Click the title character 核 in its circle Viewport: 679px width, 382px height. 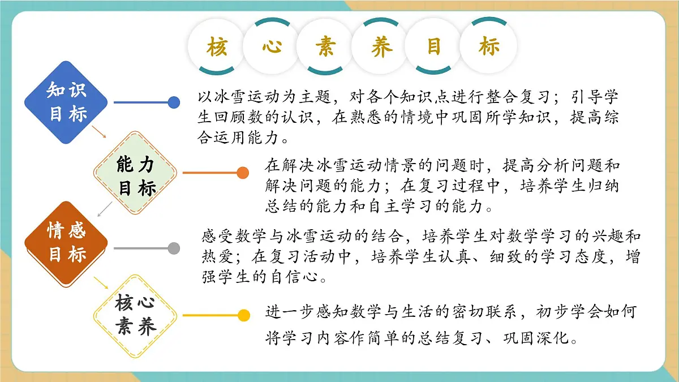click(x=217, y=47)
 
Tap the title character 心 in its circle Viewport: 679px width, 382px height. click(x=272, y=47)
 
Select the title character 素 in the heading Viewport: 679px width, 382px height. click(x=326, y=47)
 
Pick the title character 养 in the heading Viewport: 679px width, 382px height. click(x=381, y=47)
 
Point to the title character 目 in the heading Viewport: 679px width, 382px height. click(x=435, y=47)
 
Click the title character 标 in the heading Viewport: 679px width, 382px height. click(x=489, y=47)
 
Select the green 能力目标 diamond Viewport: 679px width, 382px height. click(x=136, y=173)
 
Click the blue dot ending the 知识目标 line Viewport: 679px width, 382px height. click(x=174, y=102)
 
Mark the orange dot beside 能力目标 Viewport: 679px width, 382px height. click(x=242, y=173)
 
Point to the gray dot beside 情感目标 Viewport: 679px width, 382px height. click(x=174, y=248)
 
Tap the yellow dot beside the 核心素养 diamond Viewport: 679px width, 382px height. click(x=243, y=316)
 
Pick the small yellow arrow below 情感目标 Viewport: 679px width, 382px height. click(x=101, y=282)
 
